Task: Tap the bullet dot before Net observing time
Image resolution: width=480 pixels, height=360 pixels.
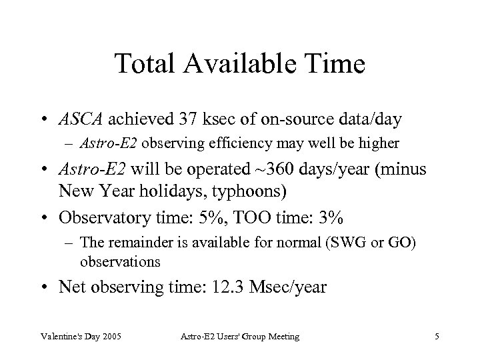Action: click(48, 287)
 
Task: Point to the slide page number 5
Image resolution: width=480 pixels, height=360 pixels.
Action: click(437, 337)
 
